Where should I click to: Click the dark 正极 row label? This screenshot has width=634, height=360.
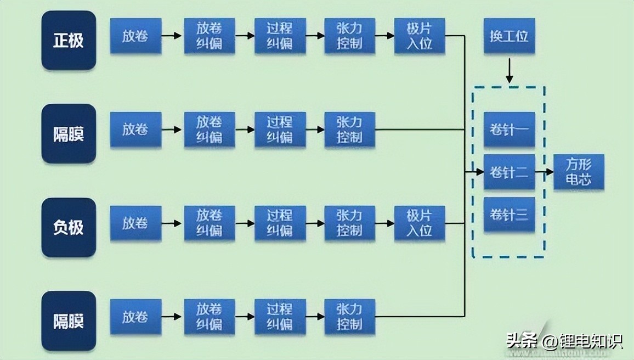[x=69, y=41]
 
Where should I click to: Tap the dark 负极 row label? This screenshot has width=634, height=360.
[x=69, y=227]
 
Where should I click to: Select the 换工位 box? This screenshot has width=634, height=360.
[x=509, y=36]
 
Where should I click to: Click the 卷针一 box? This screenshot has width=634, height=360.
[x=509, y=130]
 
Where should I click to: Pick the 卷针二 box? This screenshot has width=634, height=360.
[x=509, y=172]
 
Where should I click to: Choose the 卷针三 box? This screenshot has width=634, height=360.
[x=509, y=214]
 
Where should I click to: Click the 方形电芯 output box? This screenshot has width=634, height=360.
[x=579, y=172]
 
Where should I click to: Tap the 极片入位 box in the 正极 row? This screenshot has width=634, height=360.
[x=420, y=36]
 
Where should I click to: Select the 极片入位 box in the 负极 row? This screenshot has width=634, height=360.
[x=420, y=223]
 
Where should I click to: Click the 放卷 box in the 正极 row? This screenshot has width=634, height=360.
[x=135, y=36]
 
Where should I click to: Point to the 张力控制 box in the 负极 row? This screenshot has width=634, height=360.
[x=349, y=223]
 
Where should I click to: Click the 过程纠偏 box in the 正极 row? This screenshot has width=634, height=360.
[x=280, y=36]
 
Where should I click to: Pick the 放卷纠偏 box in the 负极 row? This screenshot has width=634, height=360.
[x=210, y=223]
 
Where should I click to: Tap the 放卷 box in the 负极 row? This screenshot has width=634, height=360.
[x=135, y=223]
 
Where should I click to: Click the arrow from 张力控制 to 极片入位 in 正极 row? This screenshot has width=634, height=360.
[x=384, y=36]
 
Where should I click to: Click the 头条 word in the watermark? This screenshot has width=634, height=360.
[x=521, y=341]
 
